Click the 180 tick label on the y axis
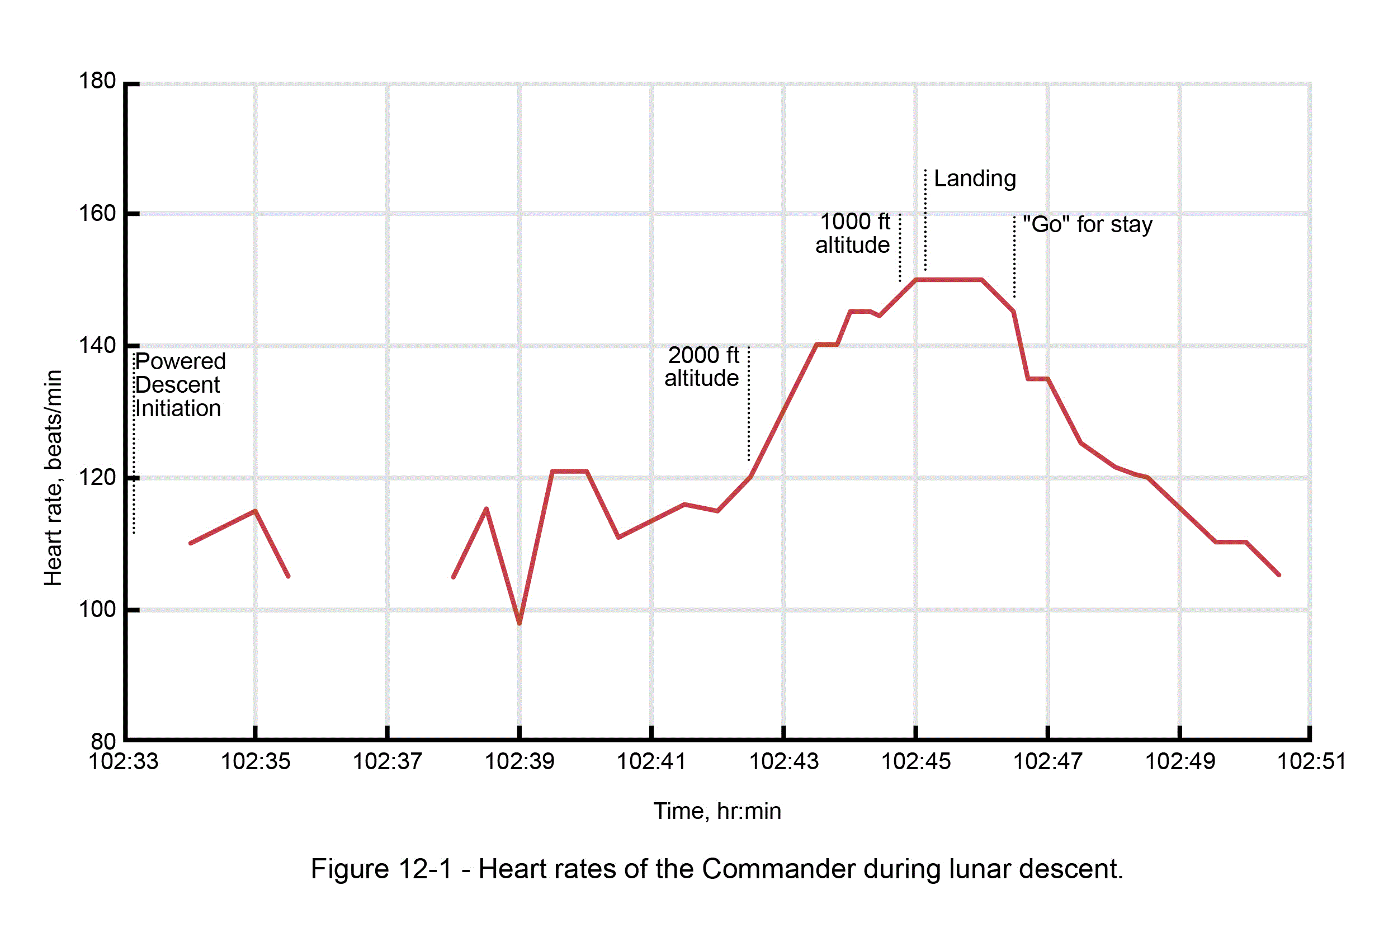(97, 81)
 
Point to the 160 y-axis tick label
(97, 213)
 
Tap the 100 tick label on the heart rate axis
(97, 609)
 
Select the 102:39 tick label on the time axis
(519, 761)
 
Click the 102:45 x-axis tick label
(915, 761)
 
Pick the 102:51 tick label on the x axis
(1311, 761)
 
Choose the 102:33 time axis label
(124, 761)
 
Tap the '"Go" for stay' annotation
(1087, 224)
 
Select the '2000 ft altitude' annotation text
(702, 366)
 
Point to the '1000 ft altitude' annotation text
(853, 233)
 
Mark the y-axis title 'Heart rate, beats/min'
(53, 477)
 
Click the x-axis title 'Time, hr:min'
(717, 811)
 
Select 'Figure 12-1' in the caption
(380, 869)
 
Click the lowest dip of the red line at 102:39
(519, 623)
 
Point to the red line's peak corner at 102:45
(915, 280)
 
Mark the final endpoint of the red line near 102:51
(1279, 575)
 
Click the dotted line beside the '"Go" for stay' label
(1014, 259)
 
